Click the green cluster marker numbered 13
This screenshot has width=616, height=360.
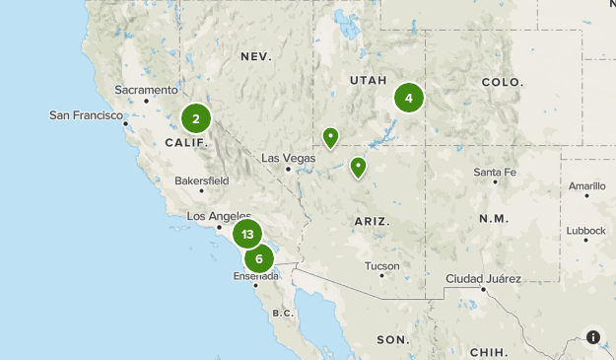247,235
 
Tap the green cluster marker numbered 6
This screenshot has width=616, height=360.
259,259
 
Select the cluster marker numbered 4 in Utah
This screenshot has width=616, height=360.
408,98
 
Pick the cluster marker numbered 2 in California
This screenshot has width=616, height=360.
196,119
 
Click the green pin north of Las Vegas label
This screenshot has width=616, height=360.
331,137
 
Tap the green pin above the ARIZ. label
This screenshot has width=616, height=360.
359,167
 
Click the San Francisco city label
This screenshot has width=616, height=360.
87,115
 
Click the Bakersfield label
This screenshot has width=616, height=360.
201,181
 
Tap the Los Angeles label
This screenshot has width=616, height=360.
219,216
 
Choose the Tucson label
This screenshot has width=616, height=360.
381,265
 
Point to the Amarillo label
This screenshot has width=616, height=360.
587,184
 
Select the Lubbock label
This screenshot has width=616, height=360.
586,231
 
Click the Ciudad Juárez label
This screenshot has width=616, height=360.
483,279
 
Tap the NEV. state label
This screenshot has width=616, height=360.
255,57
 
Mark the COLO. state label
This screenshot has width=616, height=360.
502,82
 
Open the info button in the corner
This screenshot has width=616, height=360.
593,337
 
